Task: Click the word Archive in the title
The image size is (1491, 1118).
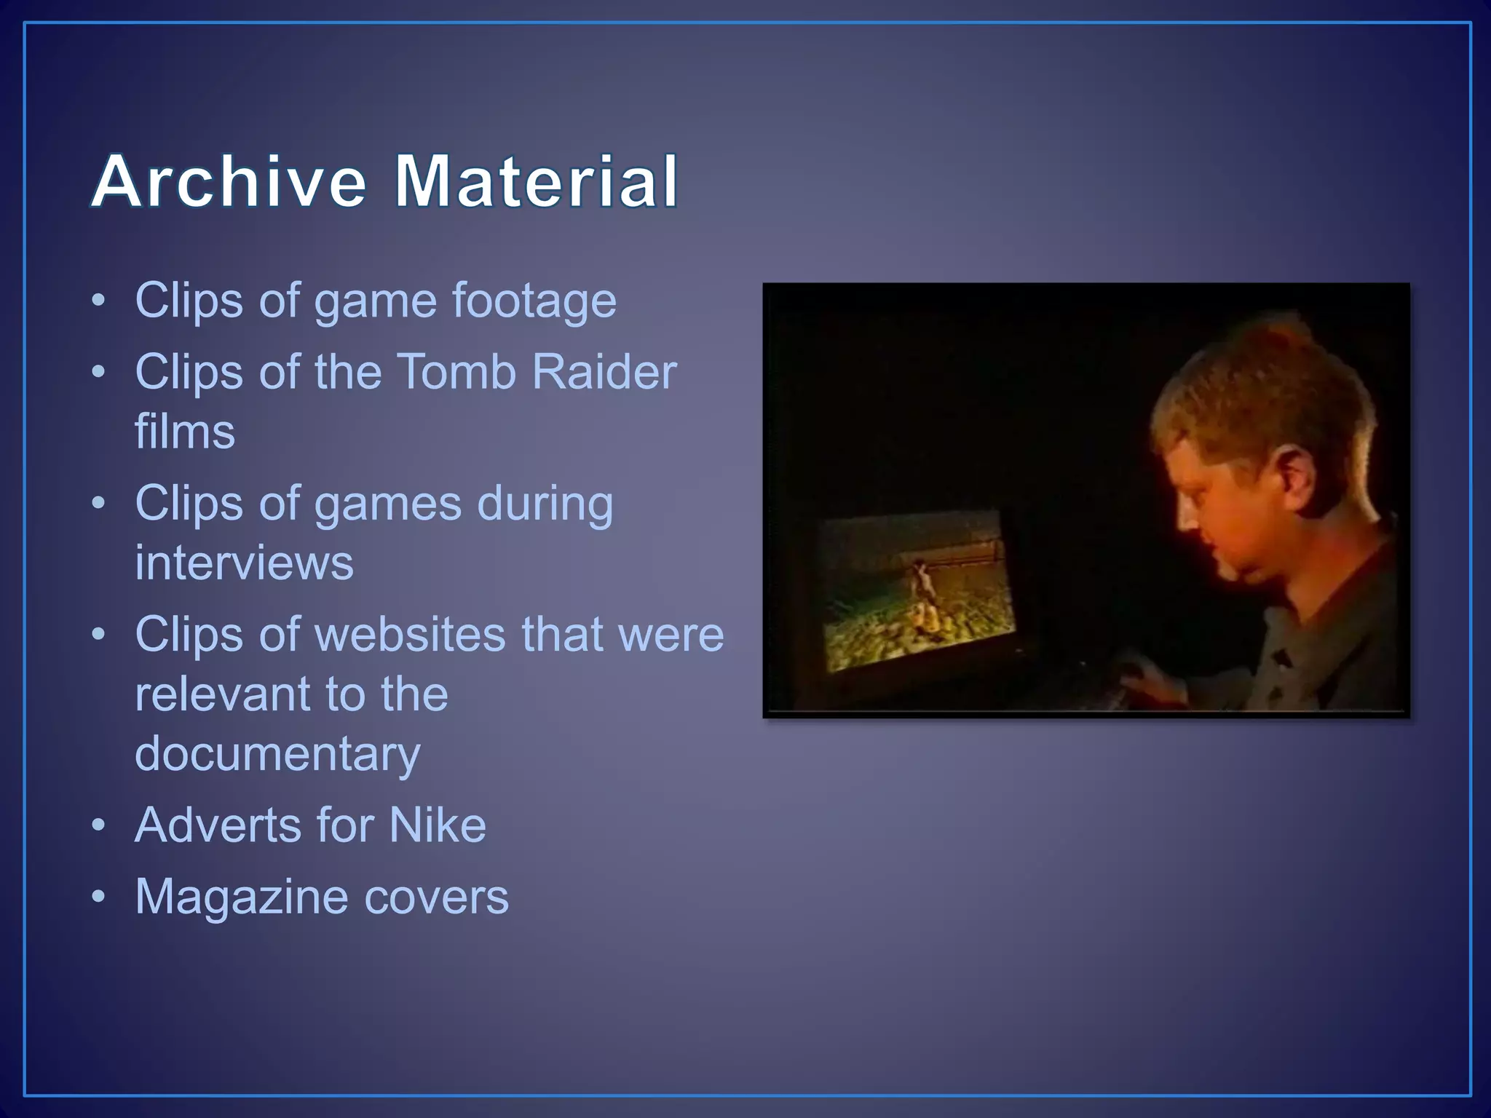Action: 229,181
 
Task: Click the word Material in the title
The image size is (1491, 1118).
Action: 536,181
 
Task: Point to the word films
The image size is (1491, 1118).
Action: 185,431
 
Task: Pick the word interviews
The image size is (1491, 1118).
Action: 244,563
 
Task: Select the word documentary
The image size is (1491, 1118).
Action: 277,754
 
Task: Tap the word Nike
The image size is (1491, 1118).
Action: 437,825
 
